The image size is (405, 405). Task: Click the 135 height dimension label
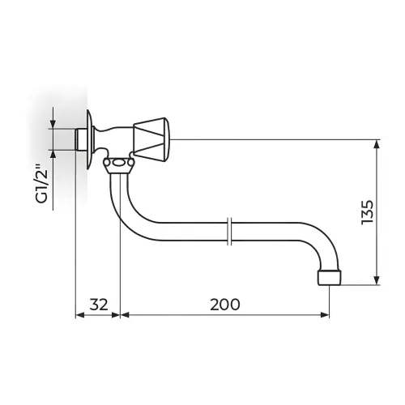368,212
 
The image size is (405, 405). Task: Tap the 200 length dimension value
225,305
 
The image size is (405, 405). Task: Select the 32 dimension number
99,305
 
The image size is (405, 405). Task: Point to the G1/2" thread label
42,183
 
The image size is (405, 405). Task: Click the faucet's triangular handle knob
151,140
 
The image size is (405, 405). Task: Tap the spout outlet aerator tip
330,277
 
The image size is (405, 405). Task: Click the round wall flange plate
90,139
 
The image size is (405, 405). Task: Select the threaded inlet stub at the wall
81,139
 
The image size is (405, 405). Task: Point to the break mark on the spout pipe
229,231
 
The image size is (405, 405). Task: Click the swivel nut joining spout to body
118,165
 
